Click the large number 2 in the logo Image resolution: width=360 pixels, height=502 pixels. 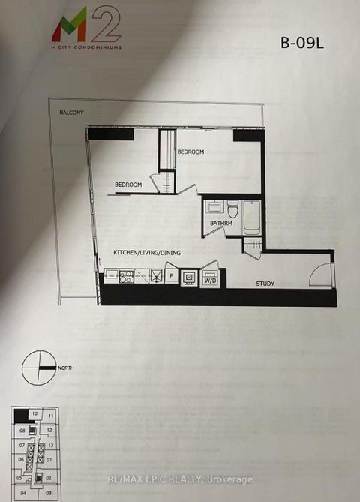pos(106,23)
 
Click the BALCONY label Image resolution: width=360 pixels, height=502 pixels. pos(72,113)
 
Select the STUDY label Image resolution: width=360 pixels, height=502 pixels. pos(264,284)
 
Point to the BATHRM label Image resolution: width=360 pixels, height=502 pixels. pos(221,224)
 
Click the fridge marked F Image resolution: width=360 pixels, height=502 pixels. pos(170,276)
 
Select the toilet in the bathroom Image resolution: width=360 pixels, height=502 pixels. pos(232,208)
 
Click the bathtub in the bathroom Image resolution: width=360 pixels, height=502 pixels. pos(251,214)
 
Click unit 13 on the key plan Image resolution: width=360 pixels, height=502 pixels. pos(49,446)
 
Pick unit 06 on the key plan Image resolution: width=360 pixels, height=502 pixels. pos(21,459)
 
